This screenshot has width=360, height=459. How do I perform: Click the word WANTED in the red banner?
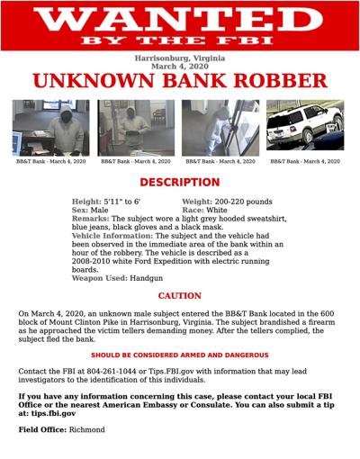[179, 19]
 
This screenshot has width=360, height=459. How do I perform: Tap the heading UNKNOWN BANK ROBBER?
[179, 81]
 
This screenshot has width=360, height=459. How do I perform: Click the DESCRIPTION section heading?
[179, 182]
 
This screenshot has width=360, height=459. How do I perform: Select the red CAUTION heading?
[179, 296]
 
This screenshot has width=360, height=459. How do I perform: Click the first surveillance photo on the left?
[50, 127]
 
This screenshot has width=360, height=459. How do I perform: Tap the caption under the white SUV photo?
[304, 161]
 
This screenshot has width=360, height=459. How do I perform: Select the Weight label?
[202, 201]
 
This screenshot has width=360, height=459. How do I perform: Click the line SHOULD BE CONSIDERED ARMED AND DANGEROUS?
[179, 355]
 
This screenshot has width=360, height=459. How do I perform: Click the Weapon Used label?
[99, 278]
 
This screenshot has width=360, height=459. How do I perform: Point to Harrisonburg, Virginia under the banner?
[179, 57]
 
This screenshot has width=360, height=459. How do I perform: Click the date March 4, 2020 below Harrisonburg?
[179, 66]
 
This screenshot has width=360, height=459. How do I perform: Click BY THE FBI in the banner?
[179, 41]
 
